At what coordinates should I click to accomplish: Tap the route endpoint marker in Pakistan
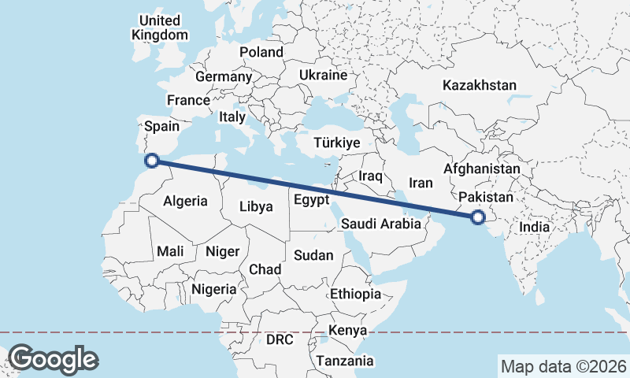tap(476, 217)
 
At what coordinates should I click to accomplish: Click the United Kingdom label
tap(160, 28)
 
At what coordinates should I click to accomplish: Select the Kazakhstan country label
tap(479, 85)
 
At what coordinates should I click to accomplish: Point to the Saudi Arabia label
tap(381, 224)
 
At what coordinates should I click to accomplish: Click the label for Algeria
tap(185, 201)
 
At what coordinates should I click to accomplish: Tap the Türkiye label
tap(336, 143)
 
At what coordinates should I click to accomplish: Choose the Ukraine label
tap(323, 76)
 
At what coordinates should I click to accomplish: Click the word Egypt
tap(311, 200)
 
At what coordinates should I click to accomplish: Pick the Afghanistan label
tap(482, 169)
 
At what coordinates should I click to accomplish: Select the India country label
tap(533, 227)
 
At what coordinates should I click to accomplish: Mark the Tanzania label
tap(344, 361)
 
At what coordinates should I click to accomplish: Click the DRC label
tap(279, 340)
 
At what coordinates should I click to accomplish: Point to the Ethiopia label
tap(355, 294)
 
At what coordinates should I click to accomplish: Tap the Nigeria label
tap(213, 289)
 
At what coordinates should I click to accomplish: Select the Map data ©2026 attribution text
tap(562, 366)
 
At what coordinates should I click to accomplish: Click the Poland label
tap(261, 52)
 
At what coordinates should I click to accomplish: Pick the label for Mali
tap(170, 251)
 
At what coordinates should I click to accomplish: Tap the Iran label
tap(421, 183)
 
